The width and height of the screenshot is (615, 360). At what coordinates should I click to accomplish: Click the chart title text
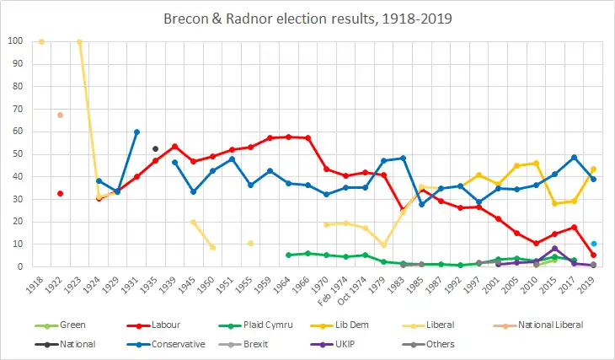pos(307,17)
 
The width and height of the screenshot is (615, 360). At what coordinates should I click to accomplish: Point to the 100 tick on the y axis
pos(16,41)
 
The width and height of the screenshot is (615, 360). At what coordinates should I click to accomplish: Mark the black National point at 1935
pos(156,148)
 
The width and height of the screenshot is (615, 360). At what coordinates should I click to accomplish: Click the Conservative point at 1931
pos(136,132)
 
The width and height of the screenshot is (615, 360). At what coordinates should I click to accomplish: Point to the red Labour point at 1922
pos(60,193)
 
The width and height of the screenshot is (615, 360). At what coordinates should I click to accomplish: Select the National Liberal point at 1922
pos(60,115)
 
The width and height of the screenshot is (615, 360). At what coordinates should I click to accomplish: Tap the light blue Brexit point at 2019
pos(594,243)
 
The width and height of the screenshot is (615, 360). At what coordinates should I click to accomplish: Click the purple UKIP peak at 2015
pos(555,248)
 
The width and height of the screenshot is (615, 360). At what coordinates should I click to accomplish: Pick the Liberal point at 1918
pos(41,41)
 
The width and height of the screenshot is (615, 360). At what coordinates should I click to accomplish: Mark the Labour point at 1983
pos(403,208)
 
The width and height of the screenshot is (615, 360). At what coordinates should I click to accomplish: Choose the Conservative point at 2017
pos(575,157)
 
